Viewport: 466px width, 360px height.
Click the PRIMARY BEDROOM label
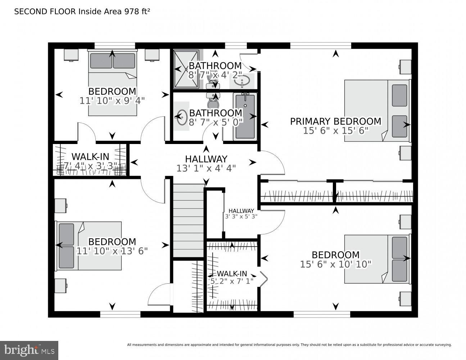(x=335, y=121)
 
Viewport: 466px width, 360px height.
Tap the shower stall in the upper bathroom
(x=186, y=69)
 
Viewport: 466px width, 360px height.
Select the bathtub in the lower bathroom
(x=245, y=116)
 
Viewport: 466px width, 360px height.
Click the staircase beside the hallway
(x=189, y=221)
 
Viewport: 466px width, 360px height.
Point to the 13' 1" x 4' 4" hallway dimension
(x=206, y=168)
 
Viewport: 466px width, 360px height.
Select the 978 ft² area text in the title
(x=137, y=12)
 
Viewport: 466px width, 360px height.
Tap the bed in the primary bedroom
(x=377, y=110)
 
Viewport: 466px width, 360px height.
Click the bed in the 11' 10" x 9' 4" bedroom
(x=113, y=84)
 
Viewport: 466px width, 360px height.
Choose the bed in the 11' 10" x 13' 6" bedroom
(x=89, y=246)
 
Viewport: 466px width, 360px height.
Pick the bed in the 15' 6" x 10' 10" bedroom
(x=377, y=259)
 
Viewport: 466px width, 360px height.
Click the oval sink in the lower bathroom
(x=182, y=117)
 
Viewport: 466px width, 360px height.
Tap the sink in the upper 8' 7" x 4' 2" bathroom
(x=242, y=81)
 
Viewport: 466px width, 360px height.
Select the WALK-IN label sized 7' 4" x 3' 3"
(x=90, y=157)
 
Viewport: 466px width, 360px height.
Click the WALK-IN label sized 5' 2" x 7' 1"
(x=232, y=274)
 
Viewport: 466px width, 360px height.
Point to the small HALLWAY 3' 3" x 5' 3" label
(x=241, y=211)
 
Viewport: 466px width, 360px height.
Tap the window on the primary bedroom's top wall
(x=320, y=45)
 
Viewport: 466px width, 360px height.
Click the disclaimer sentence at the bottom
(x=289, y=345)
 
